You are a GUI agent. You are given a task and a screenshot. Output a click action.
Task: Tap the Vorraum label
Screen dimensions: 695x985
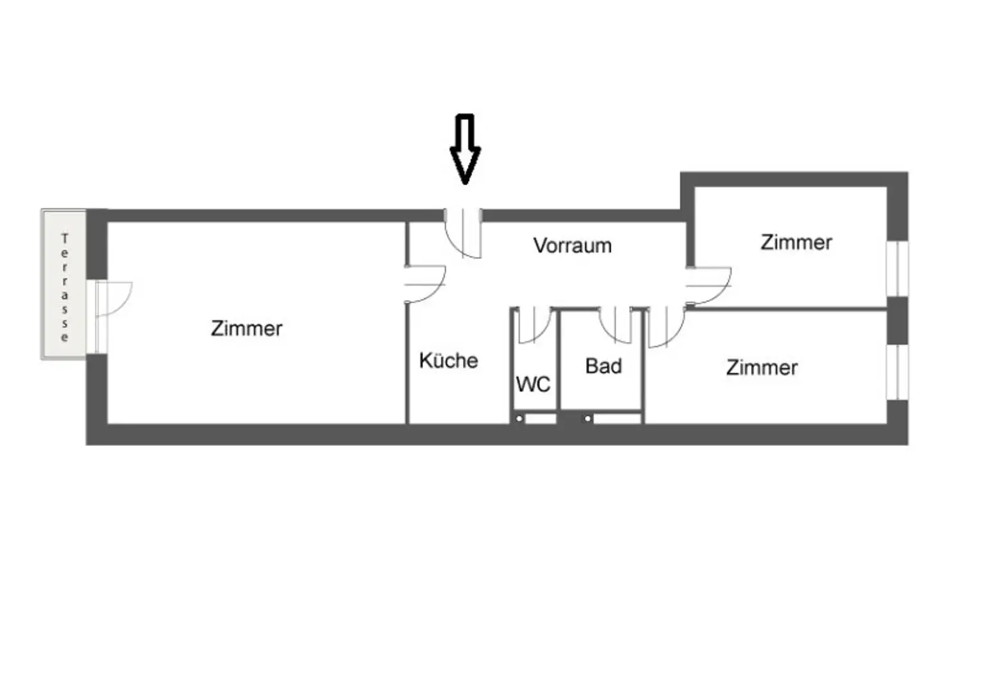point(572,245)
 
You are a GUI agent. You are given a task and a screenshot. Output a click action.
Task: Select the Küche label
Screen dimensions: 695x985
point(448,360)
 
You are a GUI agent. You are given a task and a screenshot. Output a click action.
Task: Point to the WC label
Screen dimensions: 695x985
point(533,384)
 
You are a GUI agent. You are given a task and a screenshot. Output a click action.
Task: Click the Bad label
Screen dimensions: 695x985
point(603,366)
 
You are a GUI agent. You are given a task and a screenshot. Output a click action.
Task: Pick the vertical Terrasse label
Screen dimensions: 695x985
point(64,288)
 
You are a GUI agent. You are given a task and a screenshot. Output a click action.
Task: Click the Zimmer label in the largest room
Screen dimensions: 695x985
point(246,329)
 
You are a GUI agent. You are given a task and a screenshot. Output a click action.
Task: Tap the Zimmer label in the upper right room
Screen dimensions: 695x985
point(796,242)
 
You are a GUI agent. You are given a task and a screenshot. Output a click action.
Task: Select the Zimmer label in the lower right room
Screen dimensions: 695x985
point(762,368)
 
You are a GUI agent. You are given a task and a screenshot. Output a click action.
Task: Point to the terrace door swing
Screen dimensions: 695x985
point(114,298)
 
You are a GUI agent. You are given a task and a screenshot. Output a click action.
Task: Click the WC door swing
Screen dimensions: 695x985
point(534,325)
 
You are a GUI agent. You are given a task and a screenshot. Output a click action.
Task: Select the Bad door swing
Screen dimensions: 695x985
point(616,325)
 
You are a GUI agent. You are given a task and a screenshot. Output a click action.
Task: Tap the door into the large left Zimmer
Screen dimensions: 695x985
point(425,284)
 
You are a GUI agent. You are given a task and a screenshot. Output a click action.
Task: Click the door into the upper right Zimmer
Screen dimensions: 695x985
point(709,286)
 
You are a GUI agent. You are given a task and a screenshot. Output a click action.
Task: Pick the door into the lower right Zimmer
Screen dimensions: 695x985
point(666,327)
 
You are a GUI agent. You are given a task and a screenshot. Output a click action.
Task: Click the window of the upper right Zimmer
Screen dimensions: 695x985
point(898,268)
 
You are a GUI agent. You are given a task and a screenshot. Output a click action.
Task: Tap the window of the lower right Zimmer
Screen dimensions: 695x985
point(898,372)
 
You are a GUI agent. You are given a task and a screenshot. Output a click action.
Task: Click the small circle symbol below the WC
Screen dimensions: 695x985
point(519,419)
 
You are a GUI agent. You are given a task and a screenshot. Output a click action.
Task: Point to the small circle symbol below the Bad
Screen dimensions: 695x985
point(587,419)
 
